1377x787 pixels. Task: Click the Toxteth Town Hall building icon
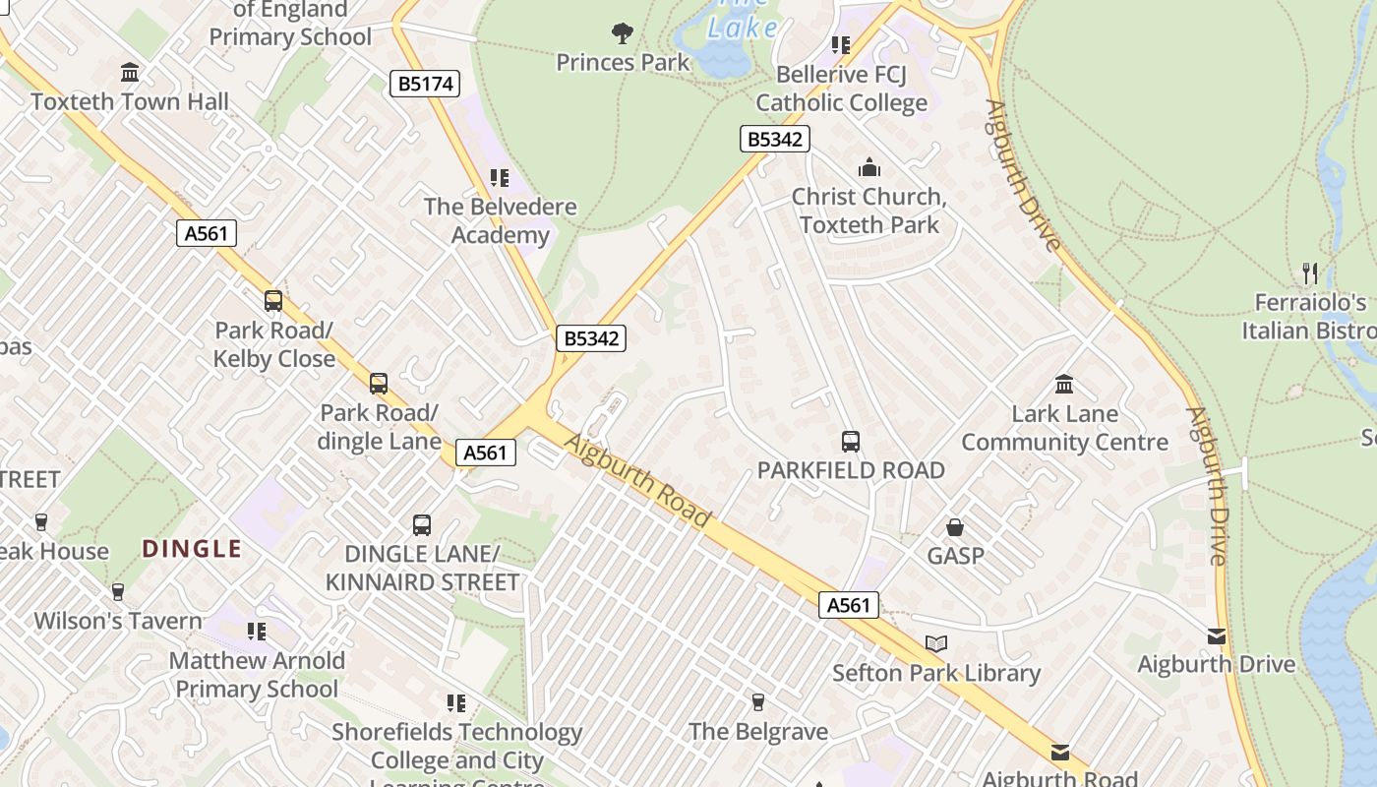click(x=129, y=73)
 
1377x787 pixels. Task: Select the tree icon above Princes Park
click(x=622, y=33)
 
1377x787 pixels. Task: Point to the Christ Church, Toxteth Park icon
click(x=868, y=167)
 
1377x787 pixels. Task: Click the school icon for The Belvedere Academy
click(x=500, y=178)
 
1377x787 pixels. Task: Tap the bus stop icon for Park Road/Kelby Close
click(x=273, y=301)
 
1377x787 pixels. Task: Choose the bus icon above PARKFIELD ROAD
click(x=851, y=442)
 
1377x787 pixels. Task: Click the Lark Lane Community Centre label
click(x=1064, y=428)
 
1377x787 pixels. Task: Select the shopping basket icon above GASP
click(x=954, y=528)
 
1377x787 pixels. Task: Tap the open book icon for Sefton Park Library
click(x=936, y=644)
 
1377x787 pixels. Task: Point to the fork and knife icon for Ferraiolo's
click(x=1310, y=272)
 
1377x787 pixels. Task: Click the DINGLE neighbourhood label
click(x=192, y=549)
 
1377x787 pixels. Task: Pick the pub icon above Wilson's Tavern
click(x=118, y=592)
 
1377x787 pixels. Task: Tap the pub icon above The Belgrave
click(x=757, y=702)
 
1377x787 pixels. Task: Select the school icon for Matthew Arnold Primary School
click(x=257, y=632)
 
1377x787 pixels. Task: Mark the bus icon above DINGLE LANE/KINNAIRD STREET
click(x=422, y=525)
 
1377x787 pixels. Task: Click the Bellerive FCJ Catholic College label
click(x=841, y=89)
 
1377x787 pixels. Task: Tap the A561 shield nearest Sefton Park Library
click(x=848, y=605)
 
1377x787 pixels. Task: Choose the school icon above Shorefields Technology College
click(x=455, y=703)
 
